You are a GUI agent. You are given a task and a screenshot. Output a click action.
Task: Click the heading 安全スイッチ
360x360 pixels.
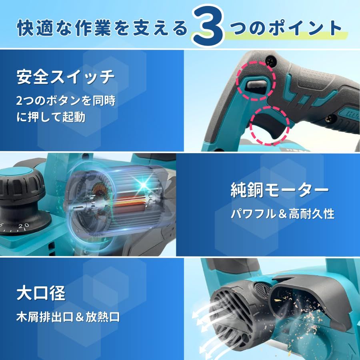(65, 77)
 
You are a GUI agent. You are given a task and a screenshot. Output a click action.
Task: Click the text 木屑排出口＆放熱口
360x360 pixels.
(68, 318)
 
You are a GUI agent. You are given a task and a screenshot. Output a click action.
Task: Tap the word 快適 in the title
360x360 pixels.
(33, 28)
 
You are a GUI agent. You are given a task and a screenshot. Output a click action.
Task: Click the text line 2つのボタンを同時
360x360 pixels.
(66, 101)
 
